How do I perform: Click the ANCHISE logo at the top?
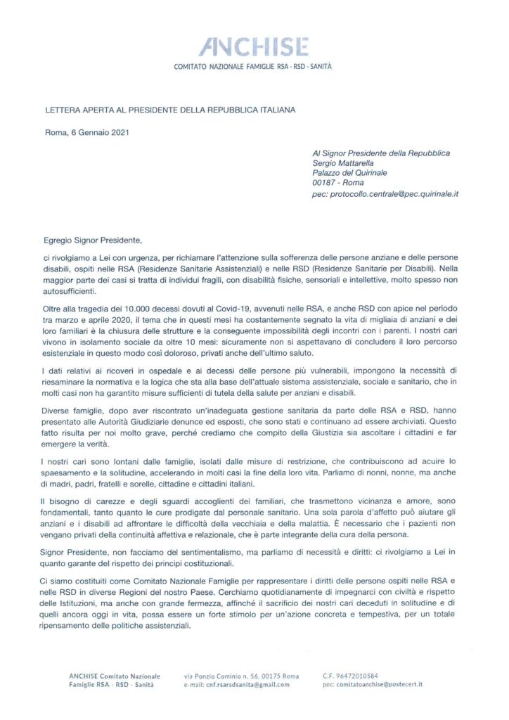pos(254,47)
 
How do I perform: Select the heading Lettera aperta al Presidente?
pos(166,110)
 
